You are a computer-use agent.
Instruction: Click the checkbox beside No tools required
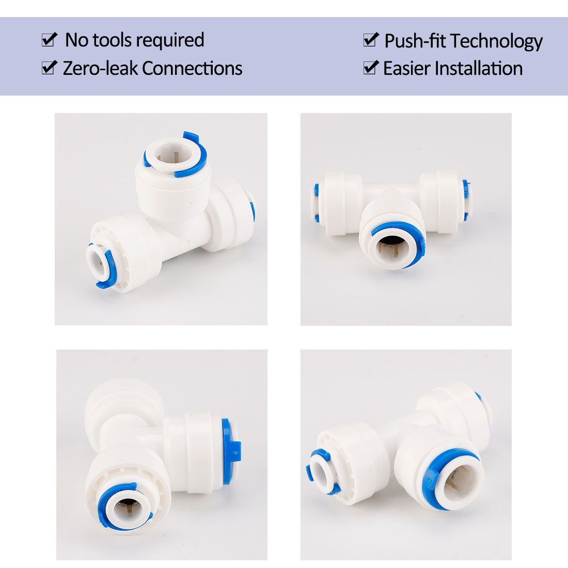pyautogui.click(x=49, y=39)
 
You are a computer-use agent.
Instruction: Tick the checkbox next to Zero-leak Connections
pyautogui.click(x=49, y=67)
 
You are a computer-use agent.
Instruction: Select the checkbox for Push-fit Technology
pyautogui.click(x=371, y=39)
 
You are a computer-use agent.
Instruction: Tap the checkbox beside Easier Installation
pyautogui.click(x=371, y=67)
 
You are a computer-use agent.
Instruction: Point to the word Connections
pyautogui.click(x=192, y=68)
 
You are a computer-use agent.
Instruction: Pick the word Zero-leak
pyautogui.click(x=100, y=68)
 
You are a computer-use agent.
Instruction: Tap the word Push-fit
pyautogui.click(x=415, y=40)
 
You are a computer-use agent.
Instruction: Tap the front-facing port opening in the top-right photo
pyautogui.click(x=392, y=249)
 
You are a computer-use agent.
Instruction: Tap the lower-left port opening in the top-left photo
pyautogui.click(x=96, y=262)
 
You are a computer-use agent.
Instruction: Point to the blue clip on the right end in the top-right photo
pyautogui.click(x=466, y=200)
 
